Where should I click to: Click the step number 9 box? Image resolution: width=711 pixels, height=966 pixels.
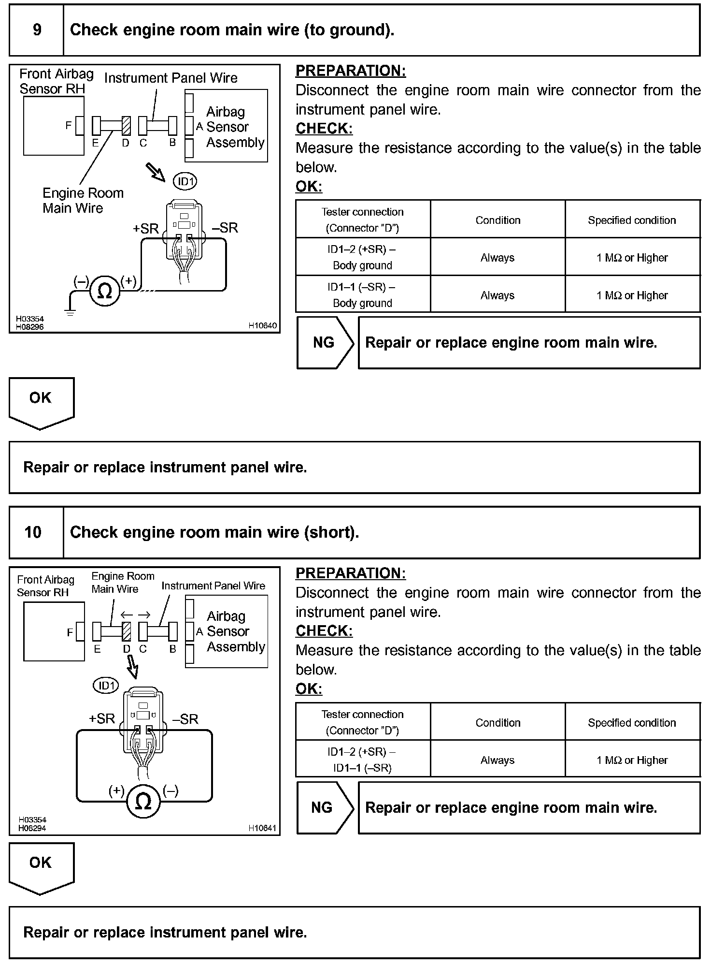pos(37,30)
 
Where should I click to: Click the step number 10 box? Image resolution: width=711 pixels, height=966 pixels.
pos(33,532)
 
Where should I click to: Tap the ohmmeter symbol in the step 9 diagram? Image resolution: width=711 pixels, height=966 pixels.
pos(105,291)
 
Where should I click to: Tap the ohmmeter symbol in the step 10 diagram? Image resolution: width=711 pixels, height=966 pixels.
pos(143,802)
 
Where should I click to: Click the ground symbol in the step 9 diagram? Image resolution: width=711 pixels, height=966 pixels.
pos(71,312)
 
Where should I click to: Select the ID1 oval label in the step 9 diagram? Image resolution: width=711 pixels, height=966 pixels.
pos(185,182)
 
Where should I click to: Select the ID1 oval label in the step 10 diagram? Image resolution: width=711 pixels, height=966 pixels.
pos(106,686)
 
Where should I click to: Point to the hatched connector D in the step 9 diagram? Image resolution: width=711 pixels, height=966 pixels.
pos(126,126)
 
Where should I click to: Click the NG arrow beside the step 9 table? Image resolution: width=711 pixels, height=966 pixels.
pos(325,343)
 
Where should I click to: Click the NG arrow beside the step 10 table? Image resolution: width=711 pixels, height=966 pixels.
pos(324,808)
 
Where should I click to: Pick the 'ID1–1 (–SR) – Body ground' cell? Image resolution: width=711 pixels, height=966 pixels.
pos(362,295)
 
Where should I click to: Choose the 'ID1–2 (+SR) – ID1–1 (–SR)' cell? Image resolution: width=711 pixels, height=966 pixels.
pos(362,760)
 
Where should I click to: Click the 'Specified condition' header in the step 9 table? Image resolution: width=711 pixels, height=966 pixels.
pos(632,220)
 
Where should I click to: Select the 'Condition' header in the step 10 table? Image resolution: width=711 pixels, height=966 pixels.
pos(498,723)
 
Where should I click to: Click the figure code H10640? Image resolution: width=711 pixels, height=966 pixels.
pos(263,326)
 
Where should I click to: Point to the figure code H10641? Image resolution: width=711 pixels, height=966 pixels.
pos(262,828)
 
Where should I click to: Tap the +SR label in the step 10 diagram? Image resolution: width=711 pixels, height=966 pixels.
pos(102,719)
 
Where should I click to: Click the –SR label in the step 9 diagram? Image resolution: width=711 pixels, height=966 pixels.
pos(225,228)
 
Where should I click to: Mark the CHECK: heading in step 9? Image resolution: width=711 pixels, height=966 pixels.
pos(324,129)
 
